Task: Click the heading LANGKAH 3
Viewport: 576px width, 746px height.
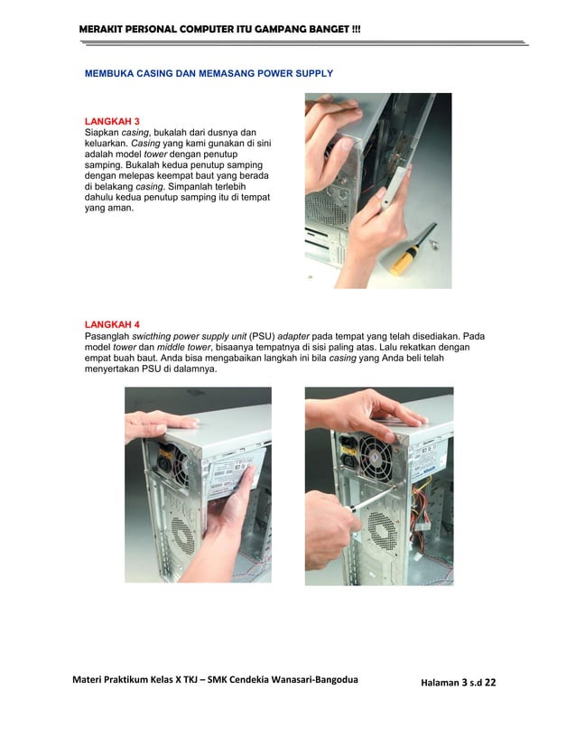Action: pos(112,120)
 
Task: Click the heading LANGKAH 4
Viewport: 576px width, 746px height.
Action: pos(112,323)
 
